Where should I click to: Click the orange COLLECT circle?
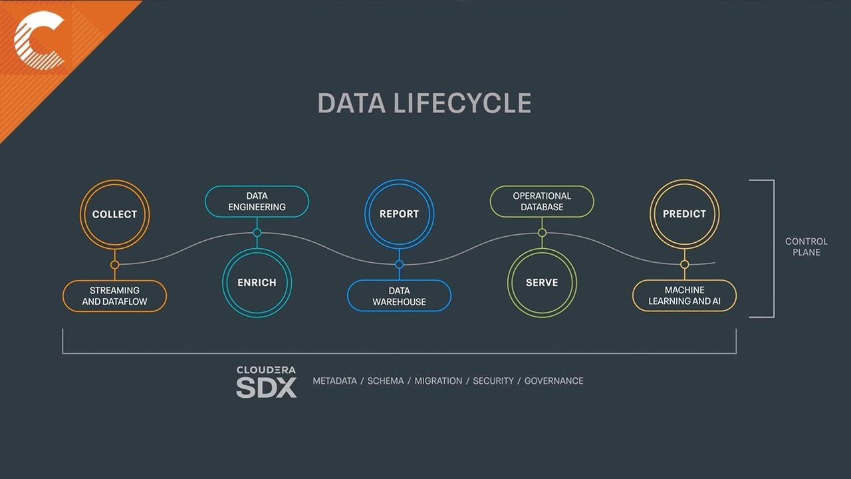(114, 214)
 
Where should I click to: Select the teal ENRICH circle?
(257, 282)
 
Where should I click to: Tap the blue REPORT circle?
(399, 214)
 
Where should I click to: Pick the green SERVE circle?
(541, 282)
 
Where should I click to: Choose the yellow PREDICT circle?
(684, 214)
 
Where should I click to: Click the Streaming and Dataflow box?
(114, 296)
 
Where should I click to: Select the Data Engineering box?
(257, 202)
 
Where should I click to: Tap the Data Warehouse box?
(399, 296)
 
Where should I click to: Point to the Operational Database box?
(541, 202)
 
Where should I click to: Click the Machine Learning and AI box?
(684, 296)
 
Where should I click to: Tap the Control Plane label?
(806, 247)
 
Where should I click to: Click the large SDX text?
(266, 387)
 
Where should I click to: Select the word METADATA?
(334, 381)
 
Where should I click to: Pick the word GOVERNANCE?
(553, 381)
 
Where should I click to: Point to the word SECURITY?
(493, 381)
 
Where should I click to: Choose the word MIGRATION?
(438, 381)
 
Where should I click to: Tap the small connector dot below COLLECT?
(114, 265)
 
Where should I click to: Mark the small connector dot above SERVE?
(542, 233)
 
